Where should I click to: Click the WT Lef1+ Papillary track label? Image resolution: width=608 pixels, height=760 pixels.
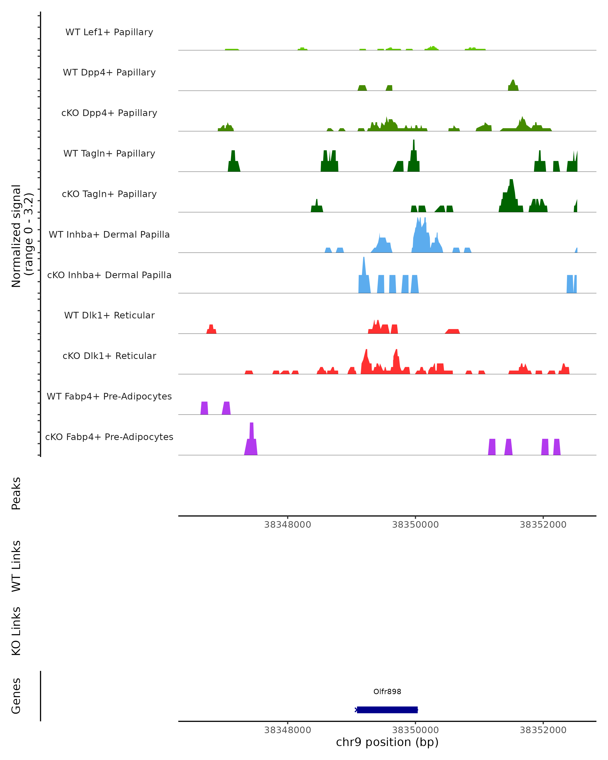109,32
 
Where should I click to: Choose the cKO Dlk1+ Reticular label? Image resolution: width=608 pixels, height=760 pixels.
109,356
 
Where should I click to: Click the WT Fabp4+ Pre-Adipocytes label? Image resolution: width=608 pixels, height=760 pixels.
109,396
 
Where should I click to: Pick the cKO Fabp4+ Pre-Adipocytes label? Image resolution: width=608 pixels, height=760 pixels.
109,437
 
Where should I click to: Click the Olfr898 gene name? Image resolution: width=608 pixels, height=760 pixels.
387,692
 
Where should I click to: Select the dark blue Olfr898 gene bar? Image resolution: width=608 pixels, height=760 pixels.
387,710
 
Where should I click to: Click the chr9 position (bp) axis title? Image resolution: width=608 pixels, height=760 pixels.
387,742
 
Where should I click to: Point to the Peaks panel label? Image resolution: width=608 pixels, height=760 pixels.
16,493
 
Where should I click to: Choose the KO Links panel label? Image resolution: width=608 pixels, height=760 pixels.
16,631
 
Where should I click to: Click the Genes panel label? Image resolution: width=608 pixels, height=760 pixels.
16,696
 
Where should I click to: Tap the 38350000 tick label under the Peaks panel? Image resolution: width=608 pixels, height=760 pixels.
415,525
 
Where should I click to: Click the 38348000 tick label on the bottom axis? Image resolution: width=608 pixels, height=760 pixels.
288,730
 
